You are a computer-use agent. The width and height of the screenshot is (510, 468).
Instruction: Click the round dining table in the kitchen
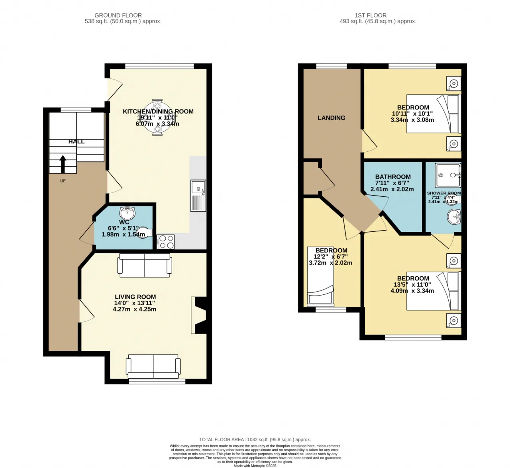click(x=157, y=117)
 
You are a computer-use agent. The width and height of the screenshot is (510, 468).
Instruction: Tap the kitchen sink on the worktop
click(x=198, y=195)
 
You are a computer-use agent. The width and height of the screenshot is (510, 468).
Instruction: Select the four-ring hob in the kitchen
click(x=166, y=242)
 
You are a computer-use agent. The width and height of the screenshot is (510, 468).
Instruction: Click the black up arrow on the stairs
click(x=63, y=164)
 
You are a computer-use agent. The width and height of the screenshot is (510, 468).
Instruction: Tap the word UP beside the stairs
click(x=63, y=181)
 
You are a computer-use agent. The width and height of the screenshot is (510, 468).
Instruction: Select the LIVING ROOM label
click(x=135, y=297)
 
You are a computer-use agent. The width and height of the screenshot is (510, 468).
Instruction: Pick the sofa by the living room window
click(x=153, y=366)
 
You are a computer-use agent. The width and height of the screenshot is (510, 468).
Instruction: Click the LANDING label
click(x=331, y=118)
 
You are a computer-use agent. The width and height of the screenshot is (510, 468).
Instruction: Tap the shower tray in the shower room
click(x=447, y=175)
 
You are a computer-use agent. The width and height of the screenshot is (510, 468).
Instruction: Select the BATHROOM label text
click(x=392, y=177)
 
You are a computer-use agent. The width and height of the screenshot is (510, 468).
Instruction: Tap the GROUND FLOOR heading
click(x=118, y=15)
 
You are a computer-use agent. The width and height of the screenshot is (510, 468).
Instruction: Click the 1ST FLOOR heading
click(x=371, y=15)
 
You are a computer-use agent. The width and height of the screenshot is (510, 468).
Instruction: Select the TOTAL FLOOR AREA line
click(x=255, y=440)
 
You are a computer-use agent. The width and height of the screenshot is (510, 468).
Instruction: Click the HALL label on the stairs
click(x=76, y=141)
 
